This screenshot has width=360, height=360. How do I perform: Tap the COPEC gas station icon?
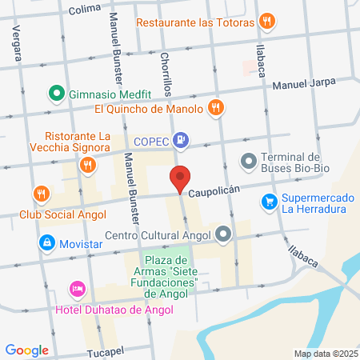[182, 141]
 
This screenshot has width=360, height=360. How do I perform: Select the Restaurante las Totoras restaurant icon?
[268, 22]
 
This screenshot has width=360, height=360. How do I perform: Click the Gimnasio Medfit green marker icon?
[56, 93]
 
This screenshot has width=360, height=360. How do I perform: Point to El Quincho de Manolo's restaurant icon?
[214, 108]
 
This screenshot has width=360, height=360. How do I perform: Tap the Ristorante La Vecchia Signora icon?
[87, 166]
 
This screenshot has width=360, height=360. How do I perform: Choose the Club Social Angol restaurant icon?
[41, 194]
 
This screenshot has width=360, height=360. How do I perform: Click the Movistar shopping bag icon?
[47, 242]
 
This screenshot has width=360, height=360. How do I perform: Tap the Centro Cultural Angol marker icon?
[223, 234]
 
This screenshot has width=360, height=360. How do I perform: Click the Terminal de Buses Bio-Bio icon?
[249, 163]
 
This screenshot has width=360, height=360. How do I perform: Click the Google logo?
[26, 350]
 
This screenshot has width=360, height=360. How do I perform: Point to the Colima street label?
[86, 10]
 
